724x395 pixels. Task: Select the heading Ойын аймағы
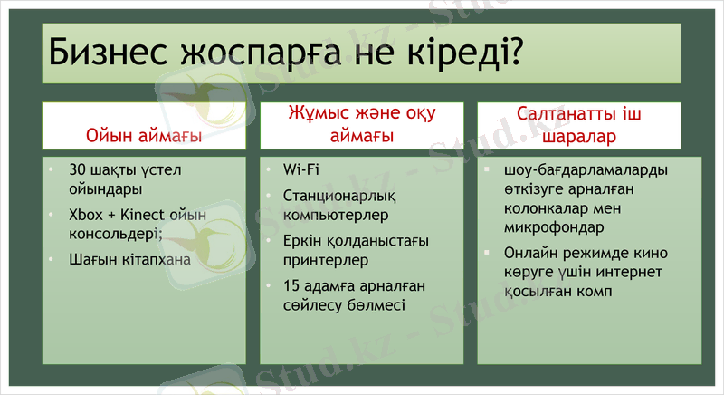(x=143, y=137)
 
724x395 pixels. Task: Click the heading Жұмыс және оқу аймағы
(x=362, y=125)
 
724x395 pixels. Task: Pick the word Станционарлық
(x=339, y=194)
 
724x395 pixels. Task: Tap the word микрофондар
(x=555, y=227)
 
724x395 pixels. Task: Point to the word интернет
(x=630, y=273)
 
